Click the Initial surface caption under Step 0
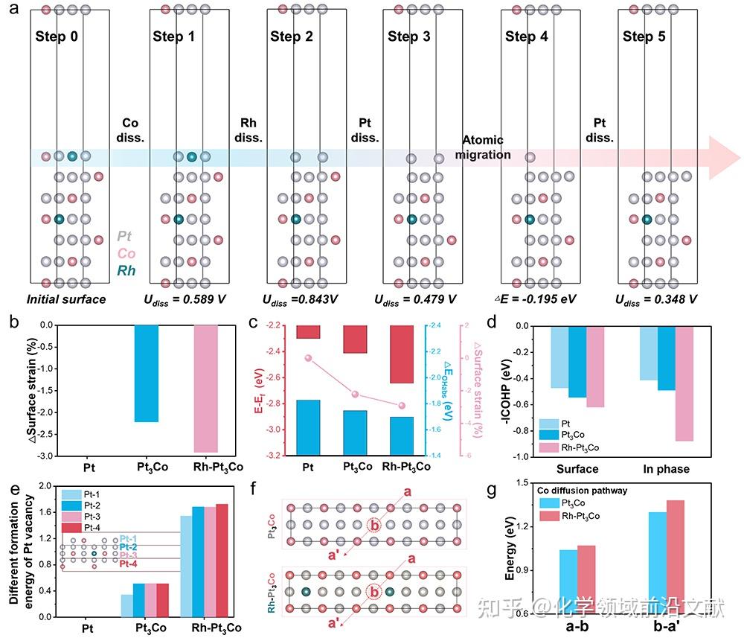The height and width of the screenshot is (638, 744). tap(66, 300)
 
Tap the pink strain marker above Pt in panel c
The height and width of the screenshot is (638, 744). tap(308, 358)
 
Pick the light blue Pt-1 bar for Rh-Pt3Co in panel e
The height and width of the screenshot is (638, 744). tap(186, 566)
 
